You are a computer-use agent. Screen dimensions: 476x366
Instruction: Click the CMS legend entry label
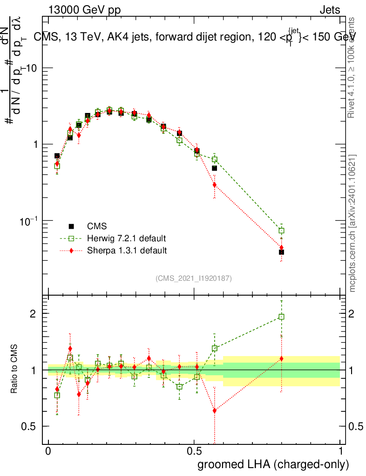click(97, 226)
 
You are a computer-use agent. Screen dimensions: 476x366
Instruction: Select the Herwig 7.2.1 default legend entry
click(126, 238)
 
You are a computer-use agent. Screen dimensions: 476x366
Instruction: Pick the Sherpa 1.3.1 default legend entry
click(126, 251)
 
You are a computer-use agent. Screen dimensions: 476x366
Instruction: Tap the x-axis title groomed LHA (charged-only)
click(274, 464)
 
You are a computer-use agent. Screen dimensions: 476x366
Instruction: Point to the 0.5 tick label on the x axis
click(194, 451)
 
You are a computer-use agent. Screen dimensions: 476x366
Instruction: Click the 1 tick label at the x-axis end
click(340, 451)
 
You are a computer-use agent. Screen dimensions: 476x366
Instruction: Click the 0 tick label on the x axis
click(48, 451)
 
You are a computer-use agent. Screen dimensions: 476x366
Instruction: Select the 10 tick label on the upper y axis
click(33, 68)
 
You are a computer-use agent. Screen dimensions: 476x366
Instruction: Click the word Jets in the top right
click(330, 10)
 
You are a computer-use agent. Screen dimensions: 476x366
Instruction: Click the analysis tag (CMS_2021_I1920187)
click(194, 278)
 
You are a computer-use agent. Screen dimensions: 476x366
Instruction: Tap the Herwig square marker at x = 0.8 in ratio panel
click(281, 317)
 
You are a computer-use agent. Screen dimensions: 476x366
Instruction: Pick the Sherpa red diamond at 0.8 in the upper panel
click(281, 248)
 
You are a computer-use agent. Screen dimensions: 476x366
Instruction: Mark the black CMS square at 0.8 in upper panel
click(281, 252)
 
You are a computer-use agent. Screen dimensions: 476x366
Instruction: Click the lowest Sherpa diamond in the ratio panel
click(214, 410)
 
